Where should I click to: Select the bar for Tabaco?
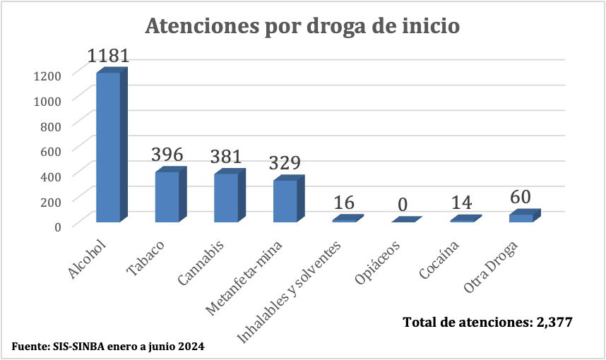click(168, 197)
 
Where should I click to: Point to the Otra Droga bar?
click(521, 217)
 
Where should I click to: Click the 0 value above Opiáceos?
click(403, 205)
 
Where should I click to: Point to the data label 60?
click(521, 196)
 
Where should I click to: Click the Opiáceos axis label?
click(379, 263)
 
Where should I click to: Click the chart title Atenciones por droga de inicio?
click(302, 26)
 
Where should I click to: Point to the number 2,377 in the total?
click(554, 322)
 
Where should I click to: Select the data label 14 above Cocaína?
click(462, 203)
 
